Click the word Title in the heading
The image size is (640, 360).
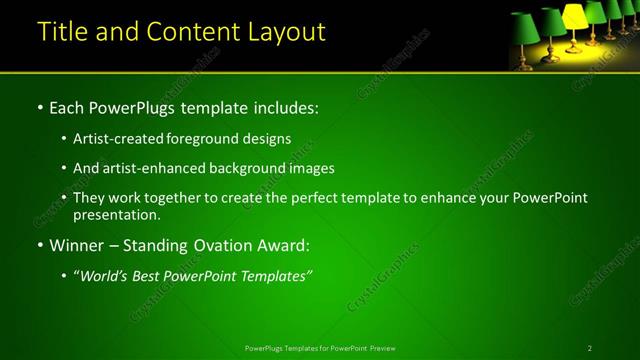[64, 32]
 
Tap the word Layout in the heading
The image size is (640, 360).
[284, 32]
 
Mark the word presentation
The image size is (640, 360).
[116, 214]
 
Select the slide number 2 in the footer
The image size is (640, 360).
[590, 348]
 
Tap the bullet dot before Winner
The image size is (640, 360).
[39, 245]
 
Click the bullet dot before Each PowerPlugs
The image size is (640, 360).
[39, 107]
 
